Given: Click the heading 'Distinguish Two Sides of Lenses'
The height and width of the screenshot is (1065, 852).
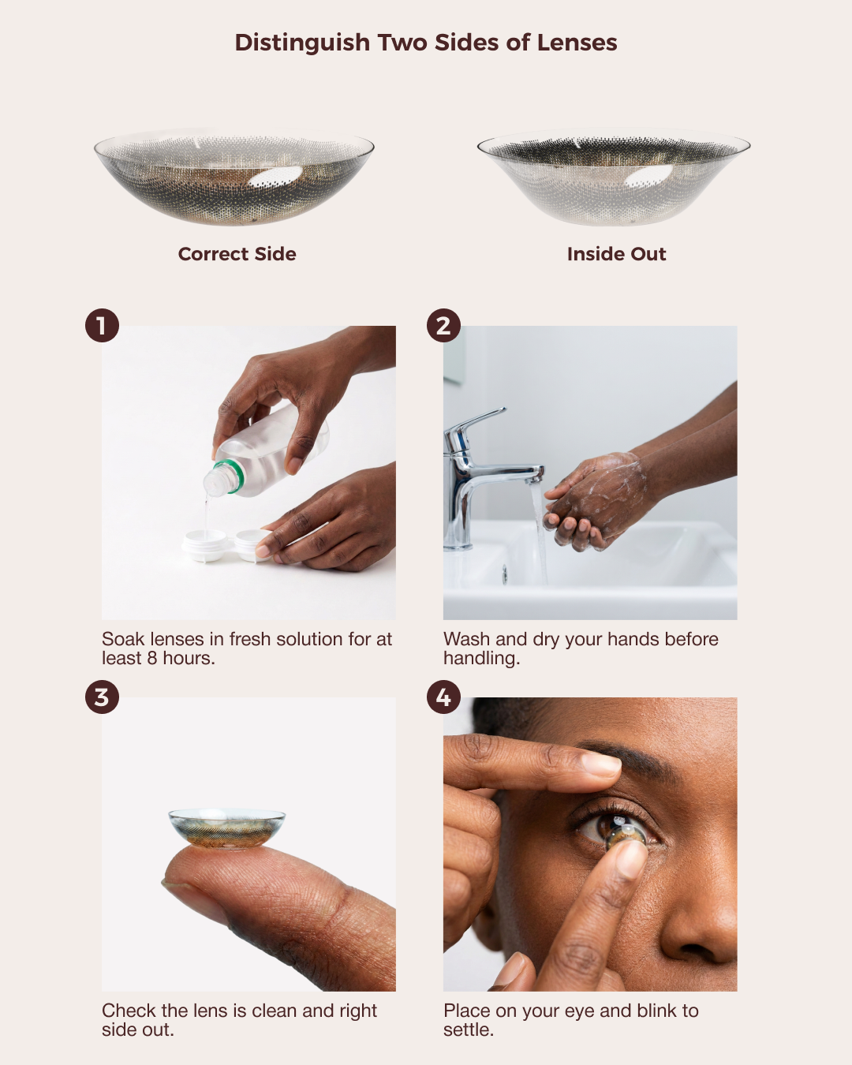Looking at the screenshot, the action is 426,43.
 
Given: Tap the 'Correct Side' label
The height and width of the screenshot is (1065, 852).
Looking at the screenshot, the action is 237,254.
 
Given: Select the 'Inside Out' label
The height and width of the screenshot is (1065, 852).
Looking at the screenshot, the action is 616,254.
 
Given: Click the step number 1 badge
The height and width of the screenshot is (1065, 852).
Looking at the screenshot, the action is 102,326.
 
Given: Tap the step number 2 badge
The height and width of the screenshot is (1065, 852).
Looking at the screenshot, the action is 443,326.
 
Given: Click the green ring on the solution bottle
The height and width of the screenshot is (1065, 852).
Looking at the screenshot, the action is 230,476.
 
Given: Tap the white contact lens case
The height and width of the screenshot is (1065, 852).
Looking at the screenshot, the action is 226,545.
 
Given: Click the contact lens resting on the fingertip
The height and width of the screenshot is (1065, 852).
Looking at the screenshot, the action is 226,829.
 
